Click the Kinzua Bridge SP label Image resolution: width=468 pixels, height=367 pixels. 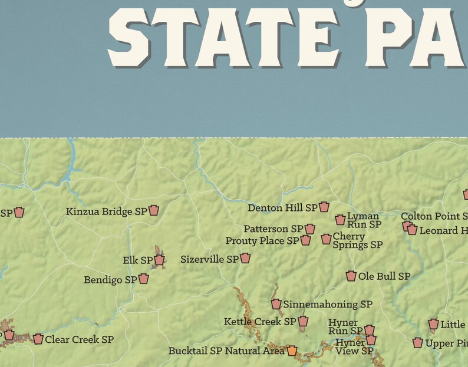tap(106, 211)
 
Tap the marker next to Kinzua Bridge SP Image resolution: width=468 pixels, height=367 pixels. tap(154, 210)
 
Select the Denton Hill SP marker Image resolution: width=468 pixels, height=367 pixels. tap(324, 207)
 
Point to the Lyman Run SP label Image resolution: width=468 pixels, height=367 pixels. tap(364, 220)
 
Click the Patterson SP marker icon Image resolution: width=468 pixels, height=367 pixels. tap(310, 229)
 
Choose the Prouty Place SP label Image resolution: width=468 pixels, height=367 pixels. tap(262, 241)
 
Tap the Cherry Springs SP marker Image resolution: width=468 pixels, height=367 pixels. tap(326, 239)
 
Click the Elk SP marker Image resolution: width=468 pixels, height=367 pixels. tap(159, 260)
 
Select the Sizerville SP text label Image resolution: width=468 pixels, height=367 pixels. tap(210, 259)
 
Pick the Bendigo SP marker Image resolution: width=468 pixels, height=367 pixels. tap(144, 279)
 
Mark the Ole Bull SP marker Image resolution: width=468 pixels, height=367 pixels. tap(351, 276)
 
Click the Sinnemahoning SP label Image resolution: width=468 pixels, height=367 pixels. tap(328, 305)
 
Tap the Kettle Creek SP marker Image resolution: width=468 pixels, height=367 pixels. tap(303, 322)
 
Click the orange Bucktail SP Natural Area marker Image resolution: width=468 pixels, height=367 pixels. tap(292, 351)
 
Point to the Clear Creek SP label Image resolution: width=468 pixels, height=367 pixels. tap(79, 339)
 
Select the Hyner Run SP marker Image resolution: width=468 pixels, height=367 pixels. tap(370, 330)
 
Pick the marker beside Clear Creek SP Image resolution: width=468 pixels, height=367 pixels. tap(38, 339)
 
